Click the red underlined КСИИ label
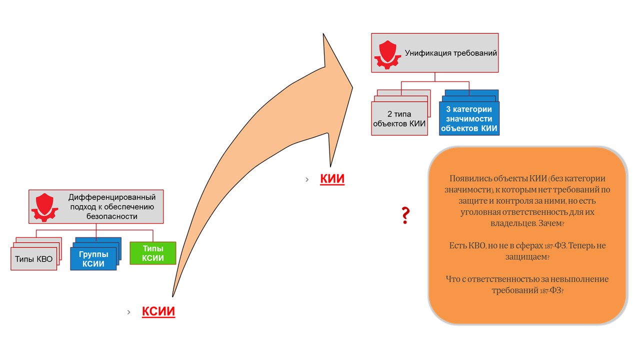[158, 311]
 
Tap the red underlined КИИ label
[332, 179]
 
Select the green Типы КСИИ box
[153, 253]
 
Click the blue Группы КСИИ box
[93, 258]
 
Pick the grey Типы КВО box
[33, 259]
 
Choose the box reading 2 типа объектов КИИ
[399, 118]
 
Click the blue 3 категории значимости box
[469, 118]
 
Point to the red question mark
[405, 215]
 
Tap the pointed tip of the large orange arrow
[352, 87]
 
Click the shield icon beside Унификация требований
[387, 55]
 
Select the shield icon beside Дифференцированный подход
[44, 207]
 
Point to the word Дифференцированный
[112, 197]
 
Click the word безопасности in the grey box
[112, 216]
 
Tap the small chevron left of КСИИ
[129, 312]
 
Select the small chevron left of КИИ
[307, 179]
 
